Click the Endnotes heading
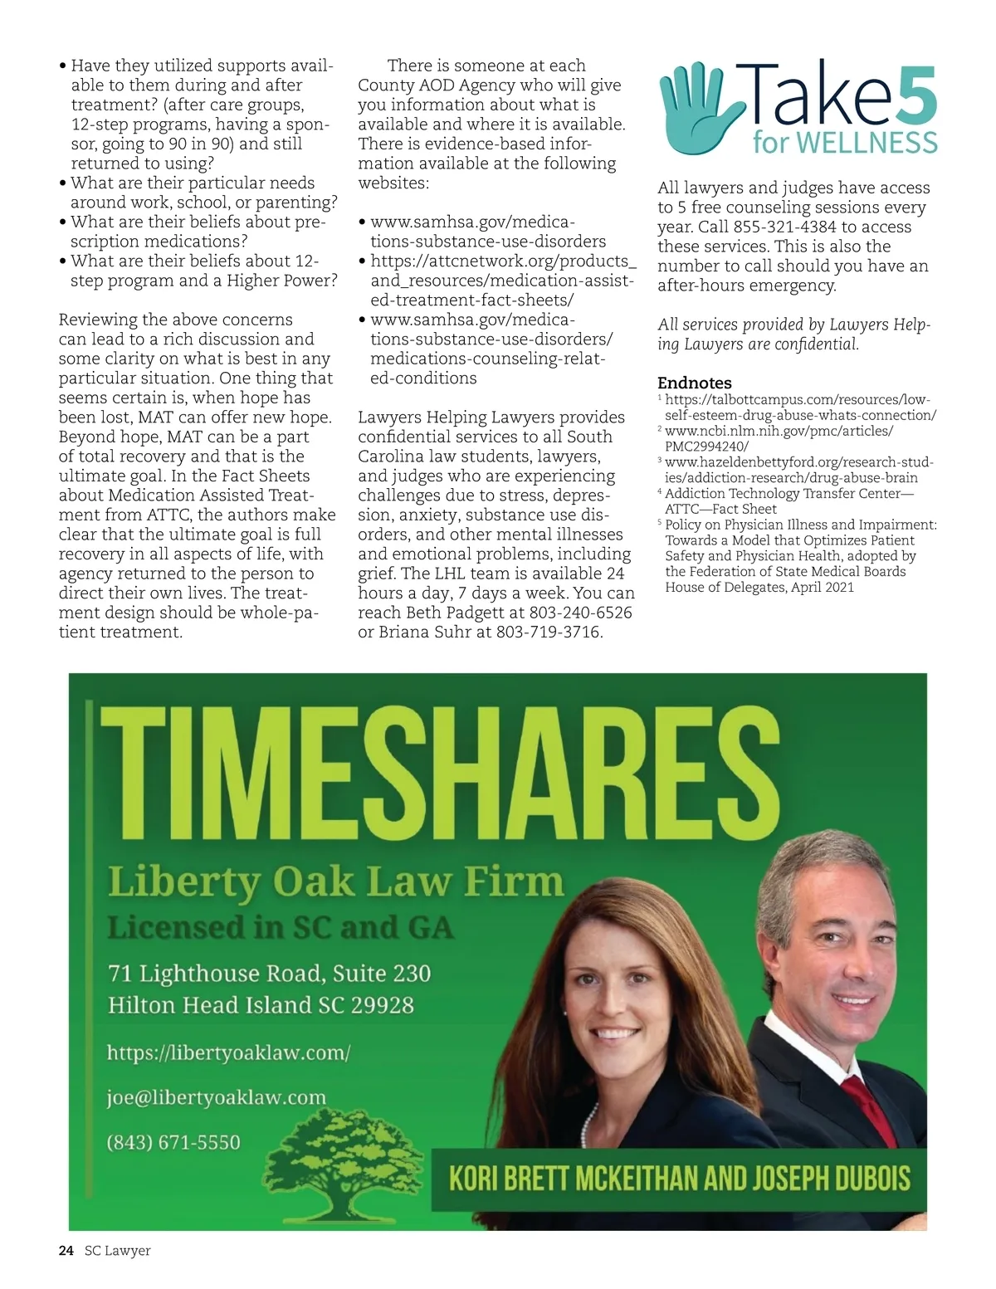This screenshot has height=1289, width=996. pos(694,383)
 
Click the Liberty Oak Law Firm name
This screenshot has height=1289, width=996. pos(335,881)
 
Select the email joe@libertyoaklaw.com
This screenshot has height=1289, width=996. pos(216,1098)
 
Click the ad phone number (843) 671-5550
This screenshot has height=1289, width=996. pos(173,1142)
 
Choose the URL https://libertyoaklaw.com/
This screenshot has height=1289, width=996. pos(228,1052)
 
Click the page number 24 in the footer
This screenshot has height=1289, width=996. pos(66,1251)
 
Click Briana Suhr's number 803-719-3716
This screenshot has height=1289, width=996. pos(549,632)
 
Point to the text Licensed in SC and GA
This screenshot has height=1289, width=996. pos(281,927)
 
